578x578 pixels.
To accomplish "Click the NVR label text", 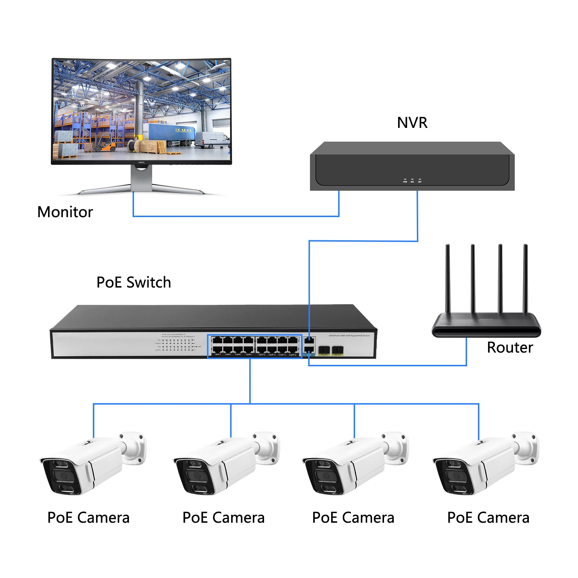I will pyautogui.click(x=412, y=123).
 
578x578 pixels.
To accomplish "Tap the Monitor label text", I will pyautogui.click(x=65, y=212).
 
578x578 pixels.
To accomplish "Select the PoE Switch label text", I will pyautogui.click(x=134, y=282).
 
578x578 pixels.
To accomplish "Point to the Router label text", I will pyautogui.click(x=510, y=348).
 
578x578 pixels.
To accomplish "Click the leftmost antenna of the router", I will pyautogui.click(x=448, y=278).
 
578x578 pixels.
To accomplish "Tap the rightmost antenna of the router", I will pyautogui.click(x=526, y=278).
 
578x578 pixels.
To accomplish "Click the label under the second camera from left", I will pyautogui.click(x=223, y=518).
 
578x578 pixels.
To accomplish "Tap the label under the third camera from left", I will pyautogui.click(x=353, y=518).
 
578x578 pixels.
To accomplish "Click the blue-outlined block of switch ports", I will pyautogui.click(x=255, y=346).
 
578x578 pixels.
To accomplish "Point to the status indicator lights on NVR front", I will pyautogui.click(x=412, y=180).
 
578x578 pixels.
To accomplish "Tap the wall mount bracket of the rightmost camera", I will pyautogui.click(x=527, y=448).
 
